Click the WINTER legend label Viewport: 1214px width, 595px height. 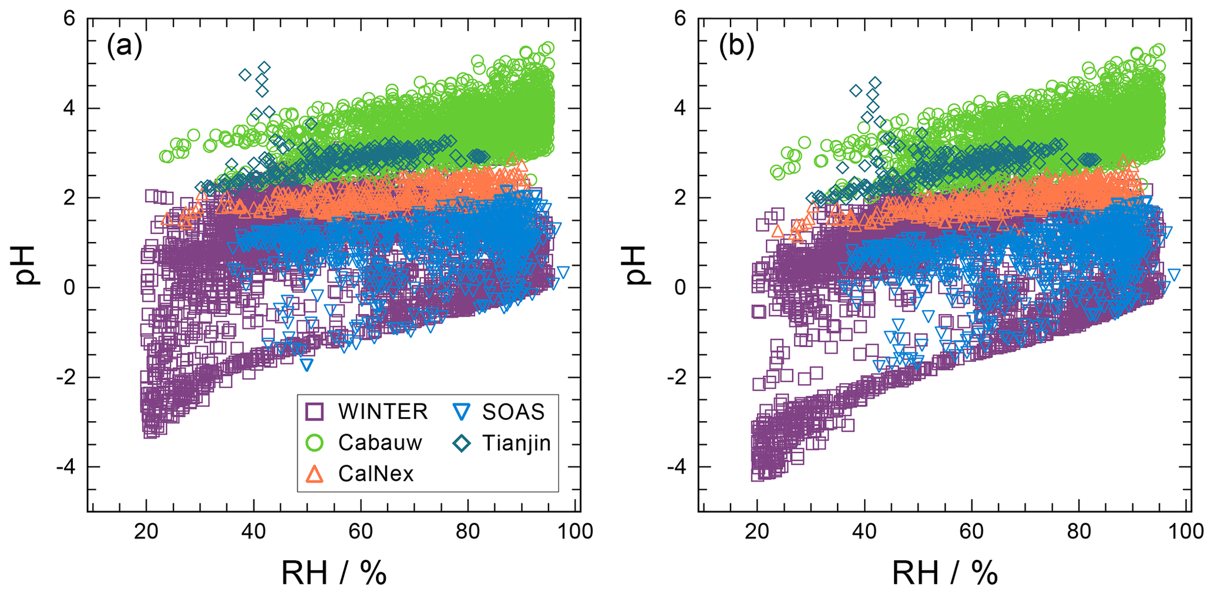(382, 412)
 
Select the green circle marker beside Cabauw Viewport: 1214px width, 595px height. (315, 442)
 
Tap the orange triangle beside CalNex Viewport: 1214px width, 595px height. (315, 473)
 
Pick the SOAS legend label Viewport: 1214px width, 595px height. (513, 412)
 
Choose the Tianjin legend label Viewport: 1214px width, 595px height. (516, 442)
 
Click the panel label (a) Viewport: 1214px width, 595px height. (124, 46)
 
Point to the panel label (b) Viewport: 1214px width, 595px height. (736, 46)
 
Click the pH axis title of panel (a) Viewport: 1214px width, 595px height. (26, 265)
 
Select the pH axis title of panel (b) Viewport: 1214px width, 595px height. (638, 265)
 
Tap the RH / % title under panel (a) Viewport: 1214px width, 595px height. (334, 573)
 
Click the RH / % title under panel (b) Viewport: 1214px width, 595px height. (945, 573)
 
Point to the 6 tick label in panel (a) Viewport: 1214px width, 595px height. (70, 19)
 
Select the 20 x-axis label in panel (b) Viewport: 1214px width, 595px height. (757, 532)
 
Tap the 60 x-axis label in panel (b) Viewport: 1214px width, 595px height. (971, 532)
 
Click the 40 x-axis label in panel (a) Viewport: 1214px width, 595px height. (253, 532)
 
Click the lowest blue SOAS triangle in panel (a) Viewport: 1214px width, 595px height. (306, 365)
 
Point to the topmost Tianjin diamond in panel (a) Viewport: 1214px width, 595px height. (264, 68)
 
